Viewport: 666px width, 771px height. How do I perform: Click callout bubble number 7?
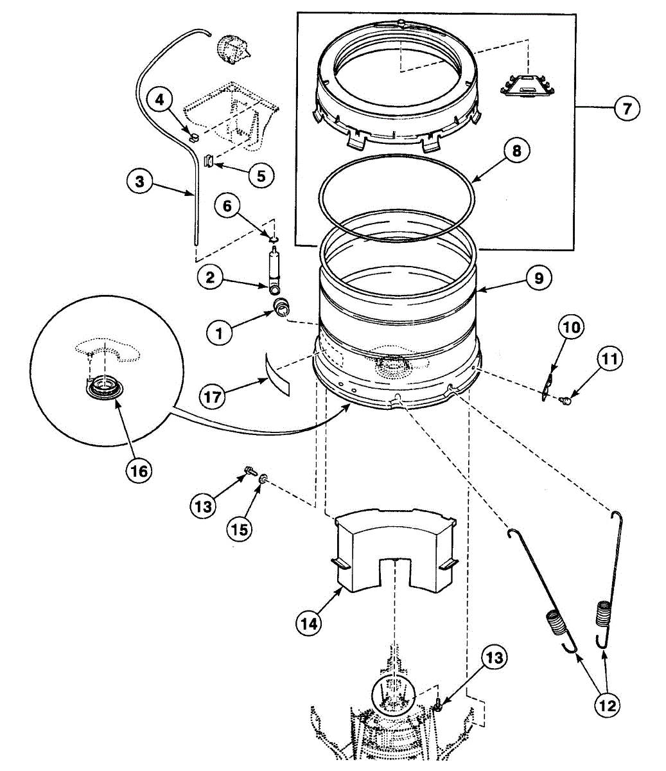[626, 108]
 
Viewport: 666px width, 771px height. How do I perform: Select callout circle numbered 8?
[517, 150]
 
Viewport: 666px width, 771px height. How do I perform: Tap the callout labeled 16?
[139, 471]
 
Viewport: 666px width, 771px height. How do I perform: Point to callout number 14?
[309, 622]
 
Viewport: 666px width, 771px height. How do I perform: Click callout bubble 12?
[606, 705]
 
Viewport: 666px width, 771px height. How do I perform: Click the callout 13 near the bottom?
[494, 657]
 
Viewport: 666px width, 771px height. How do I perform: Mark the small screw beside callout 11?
[566, 401]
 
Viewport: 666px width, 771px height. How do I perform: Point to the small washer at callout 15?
[263, 479]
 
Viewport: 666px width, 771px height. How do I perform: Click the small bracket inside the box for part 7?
[527, 84]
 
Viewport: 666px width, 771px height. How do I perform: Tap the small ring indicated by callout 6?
[274, 240]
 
